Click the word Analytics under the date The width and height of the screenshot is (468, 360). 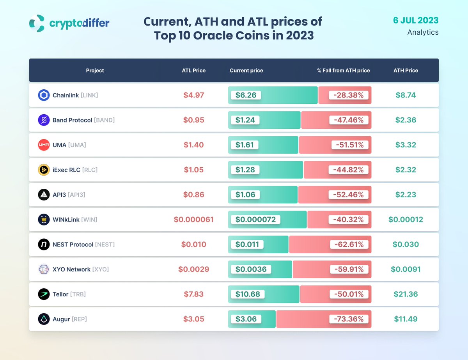[x=423, y=32]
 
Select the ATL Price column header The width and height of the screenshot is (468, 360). [x=193, y=71]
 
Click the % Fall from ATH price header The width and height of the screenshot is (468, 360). [x=343, y=71]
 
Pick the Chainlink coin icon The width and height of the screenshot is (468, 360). [x=44, y=95]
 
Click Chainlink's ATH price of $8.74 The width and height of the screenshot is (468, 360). [x=406, y=95]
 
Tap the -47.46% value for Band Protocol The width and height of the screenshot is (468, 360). [x=348, y=120]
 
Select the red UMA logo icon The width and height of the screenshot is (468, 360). [x=44, y=145]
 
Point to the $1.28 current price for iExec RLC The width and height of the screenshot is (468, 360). [x=245, y=170]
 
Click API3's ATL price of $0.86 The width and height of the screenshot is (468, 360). [x=194, y=195]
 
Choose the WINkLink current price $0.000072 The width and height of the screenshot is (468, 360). [x=255, y=220]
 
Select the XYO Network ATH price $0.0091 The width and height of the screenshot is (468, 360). [x=406, y=270]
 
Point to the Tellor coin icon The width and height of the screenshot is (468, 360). [x=44, y=294]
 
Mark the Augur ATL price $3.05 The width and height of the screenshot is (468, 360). [x=194, y=319]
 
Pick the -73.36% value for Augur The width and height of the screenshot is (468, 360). [x=348, y=319]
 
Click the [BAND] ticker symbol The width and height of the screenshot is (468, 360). [x=104, y=120]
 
